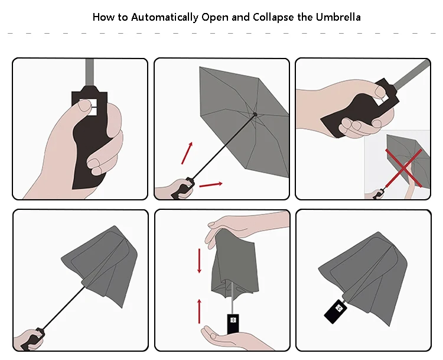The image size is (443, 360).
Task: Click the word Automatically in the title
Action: point(164,18)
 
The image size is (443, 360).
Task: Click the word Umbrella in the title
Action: point(338,17)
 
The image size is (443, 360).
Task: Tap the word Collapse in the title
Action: point(273,18)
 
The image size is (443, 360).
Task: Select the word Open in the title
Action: point(215,18)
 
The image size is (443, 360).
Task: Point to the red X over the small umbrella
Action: point(404,168)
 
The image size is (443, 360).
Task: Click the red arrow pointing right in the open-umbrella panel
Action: point(211,184)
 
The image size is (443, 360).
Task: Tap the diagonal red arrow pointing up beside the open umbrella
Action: point(187,153)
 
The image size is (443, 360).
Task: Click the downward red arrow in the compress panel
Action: point(200,261)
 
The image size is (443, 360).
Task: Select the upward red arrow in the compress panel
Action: point(200,311)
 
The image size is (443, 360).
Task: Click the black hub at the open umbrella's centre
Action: point(255,115)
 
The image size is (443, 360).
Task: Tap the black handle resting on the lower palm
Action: point(233,324)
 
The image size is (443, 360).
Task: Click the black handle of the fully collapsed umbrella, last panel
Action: point(335,312)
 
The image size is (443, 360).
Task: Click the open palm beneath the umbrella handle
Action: point(232,339)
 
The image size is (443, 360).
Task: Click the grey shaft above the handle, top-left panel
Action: point(89,73)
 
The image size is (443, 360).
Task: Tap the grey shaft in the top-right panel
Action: point(411,74)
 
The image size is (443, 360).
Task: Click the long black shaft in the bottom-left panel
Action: point(63,308)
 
